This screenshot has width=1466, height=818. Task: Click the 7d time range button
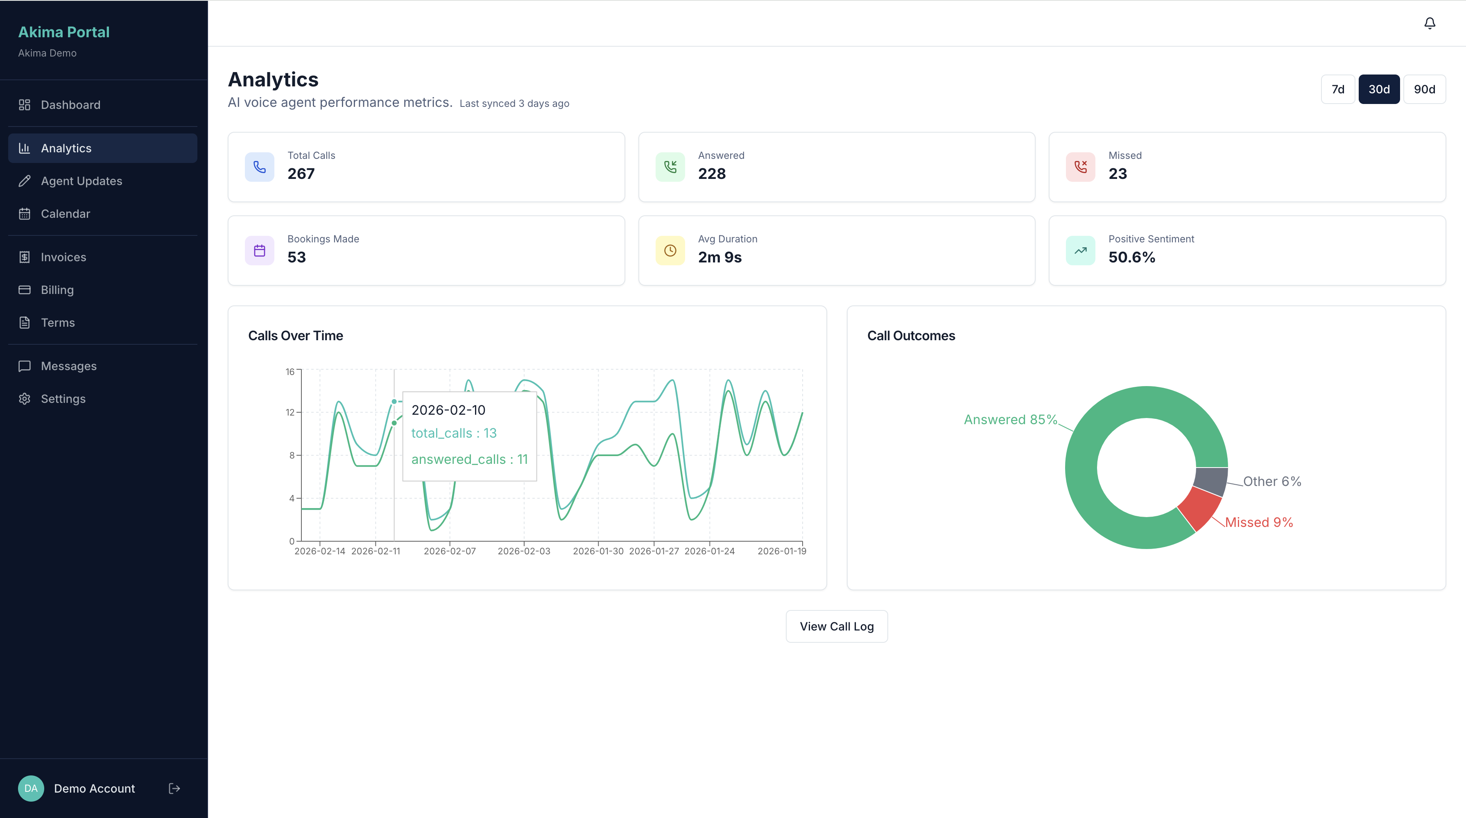(1337, 89)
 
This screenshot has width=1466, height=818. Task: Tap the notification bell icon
(1429, 23)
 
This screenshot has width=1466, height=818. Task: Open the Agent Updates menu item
(81, 181)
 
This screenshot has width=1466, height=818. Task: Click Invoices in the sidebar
(63, 257)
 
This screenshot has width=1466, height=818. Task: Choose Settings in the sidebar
(63, 399)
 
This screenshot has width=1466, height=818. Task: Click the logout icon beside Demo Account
(174, 789)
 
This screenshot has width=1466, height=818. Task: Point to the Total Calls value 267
(301, 174)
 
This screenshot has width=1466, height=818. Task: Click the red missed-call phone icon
(1080, 167)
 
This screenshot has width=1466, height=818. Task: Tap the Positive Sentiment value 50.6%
(1131, 257)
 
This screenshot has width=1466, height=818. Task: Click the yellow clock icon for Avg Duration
(670, 250)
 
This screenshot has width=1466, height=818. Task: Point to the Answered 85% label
(1010, 419)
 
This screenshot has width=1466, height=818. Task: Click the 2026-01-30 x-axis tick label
(597, 551)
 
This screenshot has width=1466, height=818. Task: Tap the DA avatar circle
(31, 789)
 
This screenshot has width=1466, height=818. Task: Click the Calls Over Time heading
(295, 336)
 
